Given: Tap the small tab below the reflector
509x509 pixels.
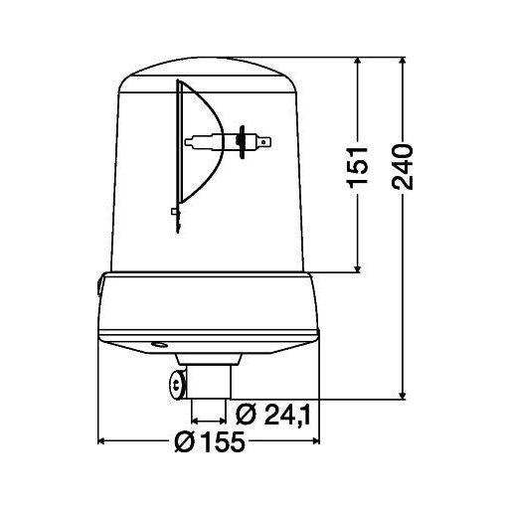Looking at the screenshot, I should tap(175, 212).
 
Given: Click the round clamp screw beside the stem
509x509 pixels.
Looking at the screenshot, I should tap(174, 382).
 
